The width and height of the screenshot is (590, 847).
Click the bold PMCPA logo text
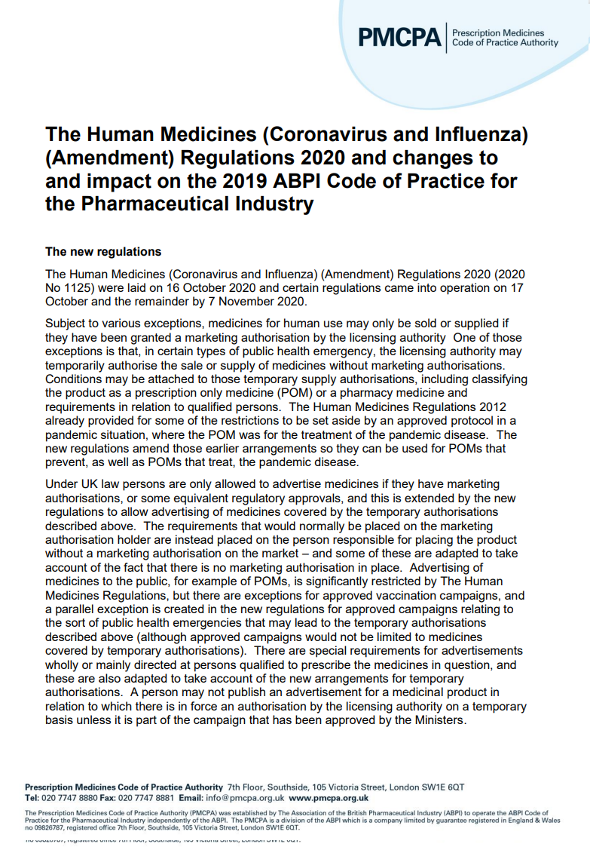[399, 38]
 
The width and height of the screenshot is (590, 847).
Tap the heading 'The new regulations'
[103, 252]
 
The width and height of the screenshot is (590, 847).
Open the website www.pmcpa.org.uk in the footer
[329, 797]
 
